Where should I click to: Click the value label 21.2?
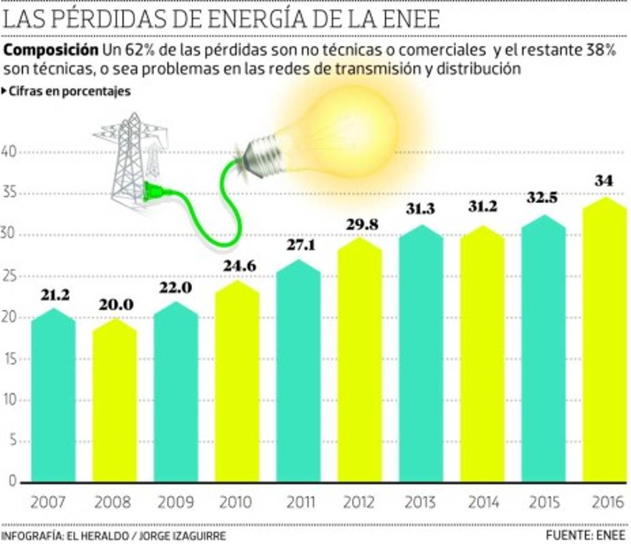pos(56,296)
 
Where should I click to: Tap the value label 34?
pos(603,180)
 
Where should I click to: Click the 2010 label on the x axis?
pos(238,502)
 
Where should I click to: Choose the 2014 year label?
pos(483,502)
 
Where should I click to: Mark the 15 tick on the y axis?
pos(10,359)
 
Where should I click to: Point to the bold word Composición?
pos(51,50)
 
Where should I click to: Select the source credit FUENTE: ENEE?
pos(585,535)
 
